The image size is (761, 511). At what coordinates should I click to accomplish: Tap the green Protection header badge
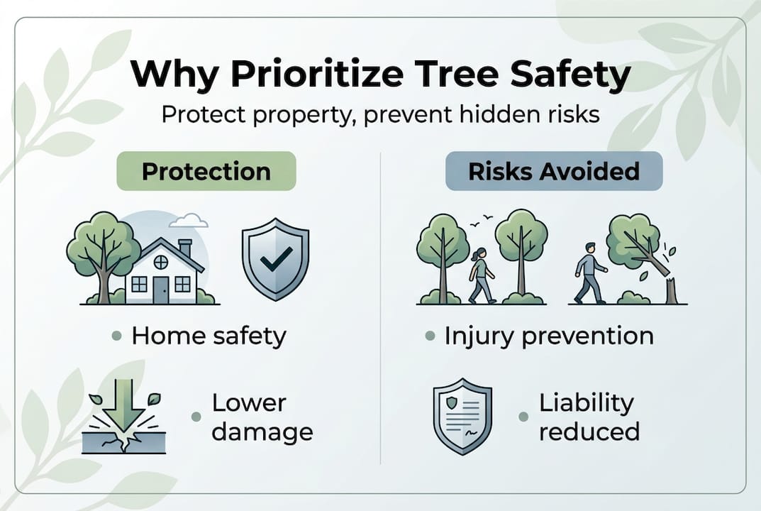tap(206, 171)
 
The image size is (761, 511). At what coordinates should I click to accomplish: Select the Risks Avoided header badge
tap(553, 171)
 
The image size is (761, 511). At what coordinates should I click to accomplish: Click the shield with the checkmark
tap(275, 260)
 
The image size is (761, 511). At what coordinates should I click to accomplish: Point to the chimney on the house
tap(185, 249)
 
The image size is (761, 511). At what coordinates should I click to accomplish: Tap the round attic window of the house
tap(161, 262)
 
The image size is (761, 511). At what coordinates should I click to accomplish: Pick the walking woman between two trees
tap(481, 275)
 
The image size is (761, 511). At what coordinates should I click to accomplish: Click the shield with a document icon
tap(462, 415)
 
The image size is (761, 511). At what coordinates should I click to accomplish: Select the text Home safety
tap(209, 336)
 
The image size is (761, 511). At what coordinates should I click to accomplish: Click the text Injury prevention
tap(548, 336)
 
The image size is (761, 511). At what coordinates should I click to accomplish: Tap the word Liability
tap(586, 403)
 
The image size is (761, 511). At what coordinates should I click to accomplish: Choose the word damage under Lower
tap(262, 431)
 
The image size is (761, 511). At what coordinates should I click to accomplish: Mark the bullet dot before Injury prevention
tap(430, 336)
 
